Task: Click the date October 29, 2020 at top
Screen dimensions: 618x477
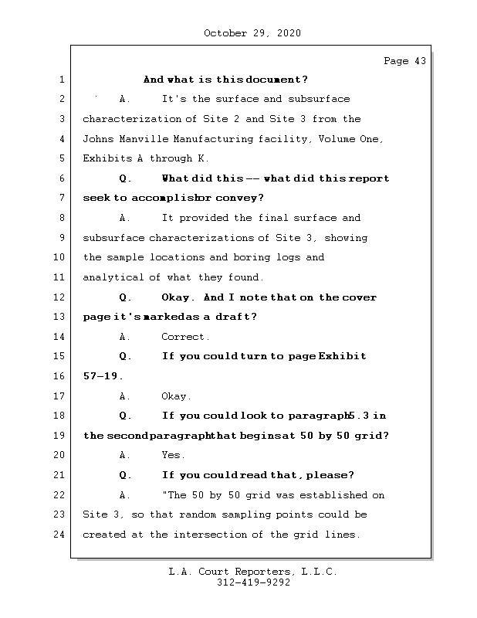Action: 252,33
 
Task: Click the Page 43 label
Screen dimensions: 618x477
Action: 404,61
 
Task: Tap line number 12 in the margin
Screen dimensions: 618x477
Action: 61,297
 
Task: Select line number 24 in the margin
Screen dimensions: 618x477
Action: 61,535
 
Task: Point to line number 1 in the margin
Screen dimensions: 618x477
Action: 61,80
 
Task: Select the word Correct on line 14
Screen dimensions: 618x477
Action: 185,337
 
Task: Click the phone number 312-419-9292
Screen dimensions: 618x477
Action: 253,583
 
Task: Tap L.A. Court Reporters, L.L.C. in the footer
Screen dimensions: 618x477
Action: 253,572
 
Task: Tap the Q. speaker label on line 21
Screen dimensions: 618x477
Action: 126,475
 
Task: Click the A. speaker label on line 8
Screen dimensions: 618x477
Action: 125,218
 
